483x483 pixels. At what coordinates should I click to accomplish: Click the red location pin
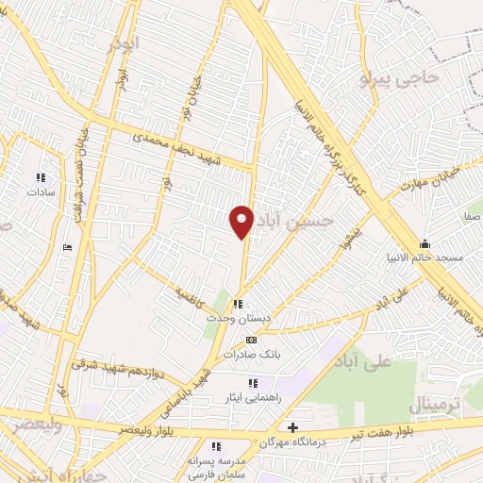(242, 221)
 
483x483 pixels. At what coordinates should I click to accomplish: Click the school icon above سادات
(41, 176)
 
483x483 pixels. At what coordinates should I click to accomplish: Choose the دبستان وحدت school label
(240, 319)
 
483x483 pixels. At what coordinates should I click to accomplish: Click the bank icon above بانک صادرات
(250, 340)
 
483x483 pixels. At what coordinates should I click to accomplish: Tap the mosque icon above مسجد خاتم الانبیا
(425, 242)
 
